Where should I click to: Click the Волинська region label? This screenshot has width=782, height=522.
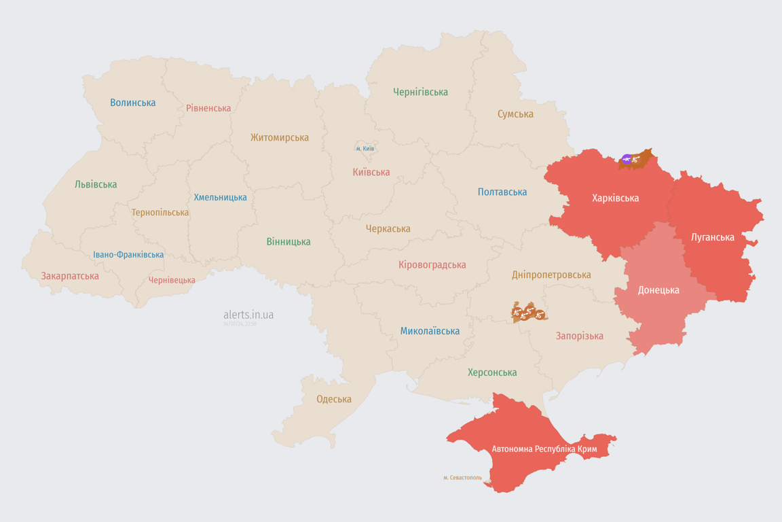tap(133, 103)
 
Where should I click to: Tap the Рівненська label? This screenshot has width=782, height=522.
tap(208, 108)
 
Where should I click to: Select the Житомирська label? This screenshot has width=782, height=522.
tap(280, 137)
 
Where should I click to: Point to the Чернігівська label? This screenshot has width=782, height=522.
tap(420, 92)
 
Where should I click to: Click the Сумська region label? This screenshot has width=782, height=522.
tap(515, 114)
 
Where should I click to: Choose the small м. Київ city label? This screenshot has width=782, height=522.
tap(365, 148)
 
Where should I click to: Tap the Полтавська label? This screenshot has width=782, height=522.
tap(502, 192)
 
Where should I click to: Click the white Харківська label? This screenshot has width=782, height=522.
tap(615, 198)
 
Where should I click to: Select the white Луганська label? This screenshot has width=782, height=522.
tap(712, 237)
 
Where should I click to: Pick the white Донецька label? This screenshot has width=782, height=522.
tap(658, 290)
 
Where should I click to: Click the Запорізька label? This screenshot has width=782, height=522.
tap(579, 336)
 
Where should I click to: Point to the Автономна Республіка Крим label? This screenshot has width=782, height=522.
tap(544, 449)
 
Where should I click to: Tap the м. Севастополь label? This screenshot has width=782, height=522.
tap(462, 478)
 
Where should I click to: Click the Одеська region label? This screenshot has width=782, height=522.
tap(334, 399)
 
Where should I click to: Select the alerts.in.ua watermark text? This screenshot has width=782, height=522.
tap(248, 315)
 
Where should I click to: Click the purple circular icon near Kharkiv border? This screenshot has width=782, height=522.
tap(626, 159)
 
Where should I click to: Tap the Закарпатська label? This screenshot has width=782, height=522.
tap(70, 276)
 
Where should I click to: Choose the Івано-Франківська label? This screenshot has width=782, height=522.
tap(128, 255)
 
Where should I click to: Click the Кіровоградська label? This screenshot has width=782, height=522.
tap(432, 264)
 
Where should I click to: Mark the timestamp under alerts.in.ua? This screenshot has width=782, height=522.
tap(240, 324)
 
